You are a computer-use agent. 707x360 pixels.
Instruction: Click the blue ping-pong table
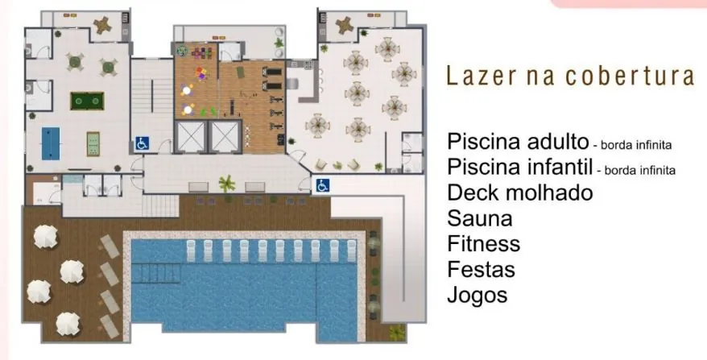(51, 143)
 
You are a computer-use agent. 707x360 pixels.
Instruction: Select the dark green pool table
(87, 101)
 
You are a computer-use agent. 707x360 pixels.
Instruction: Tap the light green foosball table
(93, 144)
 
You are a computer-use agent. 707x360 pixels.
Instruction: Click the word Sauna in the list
(480, 219)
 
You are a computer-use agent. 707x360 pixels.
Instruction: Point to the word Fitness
(483, 244)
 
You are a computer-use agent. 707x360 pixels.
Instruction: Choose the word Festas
(481, 270)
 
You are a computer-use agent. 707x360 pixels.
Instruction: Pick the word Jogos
(477, 296)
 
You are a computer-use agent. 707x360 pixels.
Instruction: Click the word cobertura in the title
(630, 76)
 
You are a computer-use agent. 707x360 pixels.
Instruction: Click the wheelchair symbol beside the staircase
(142, 144)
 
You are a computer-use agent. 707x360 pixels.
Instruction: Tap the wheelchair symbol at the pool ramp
(322, 185)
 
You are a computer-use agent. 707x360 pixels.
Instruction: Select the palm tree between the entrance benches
(227, 183)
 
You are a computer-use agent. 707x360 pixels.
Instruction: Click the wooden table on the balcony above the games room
(103, 25)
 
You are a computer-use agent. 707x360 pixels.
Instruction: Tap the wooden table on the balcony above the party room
(345, 25)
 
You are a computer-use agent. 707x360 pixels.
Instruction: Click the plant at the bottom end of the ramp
(397, 333)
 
